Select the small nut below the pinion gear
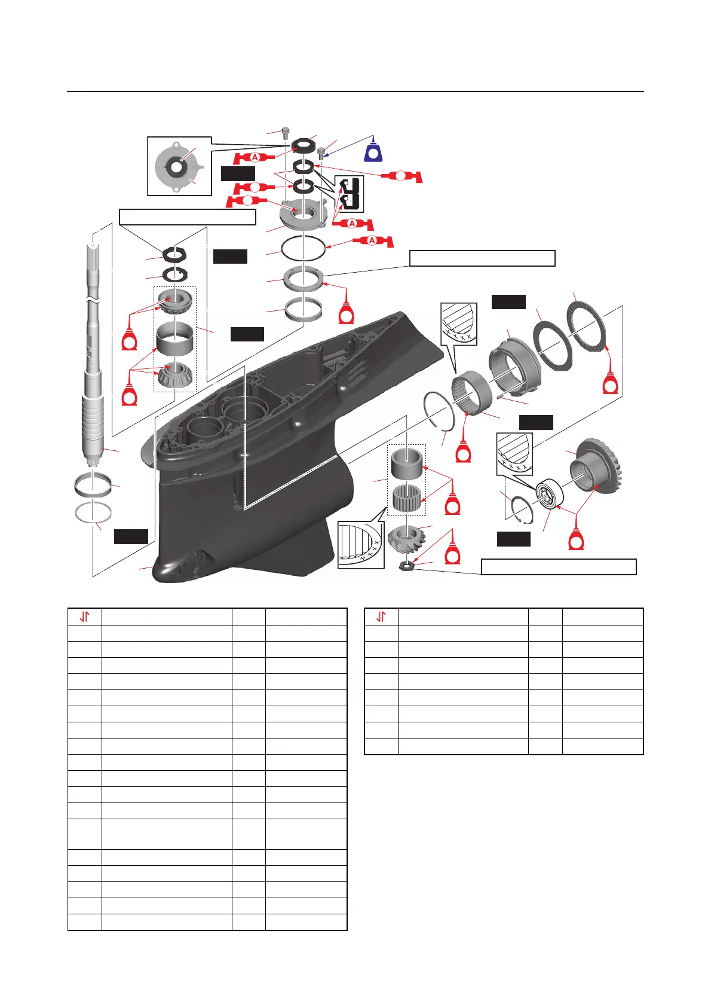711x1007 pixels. [x=407, y=564]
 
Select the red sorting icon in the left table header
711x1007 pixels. [x=85, y=617]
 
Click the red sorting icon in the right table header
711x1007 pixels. [x=381, y=617]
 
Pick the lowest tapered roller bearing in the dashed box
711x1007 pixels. [x=174, y=376]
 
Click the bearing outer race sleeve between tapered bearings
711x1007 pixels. [x=174, y=339]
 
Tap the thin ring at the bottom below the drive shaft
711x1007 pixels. [x=93, y=512]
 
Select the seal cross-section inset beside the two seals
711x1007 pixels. [x=349, y=194]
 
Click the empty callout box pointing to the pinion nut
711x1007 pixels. [x=559, y=567]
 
